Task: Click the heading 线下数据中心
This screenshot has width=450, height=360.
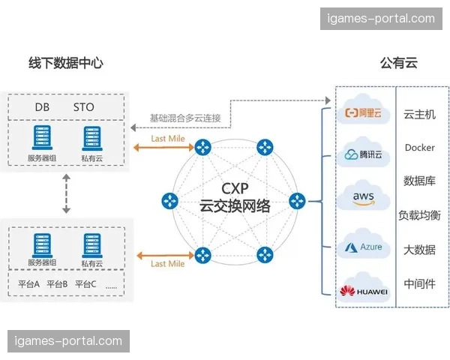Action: click(65, 63)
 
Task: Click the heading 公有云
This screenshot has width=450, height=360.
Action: click(398, 63)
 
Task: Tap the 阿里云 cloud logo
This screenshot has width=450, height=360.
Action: click(364, 112)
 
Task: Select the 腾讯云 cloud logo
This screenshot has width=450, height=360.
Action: click(364, 154)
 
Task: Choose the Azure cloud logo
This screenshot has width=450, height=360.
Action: click(364, 246)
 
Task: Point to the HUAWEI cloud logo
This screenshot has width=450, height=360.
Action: click(364, 290)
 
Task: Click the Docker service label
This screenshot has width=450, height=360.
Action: click(419, 148)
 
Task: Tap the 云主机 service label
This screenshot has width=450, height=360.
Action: click(419, 115)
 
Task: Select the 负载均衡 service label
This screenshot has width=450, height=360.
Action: click(419, 215)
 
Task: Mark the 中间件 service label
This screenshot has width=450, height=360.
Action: click(419, 283)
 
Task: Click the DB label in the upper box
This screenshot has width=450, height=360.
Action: click(42, 107)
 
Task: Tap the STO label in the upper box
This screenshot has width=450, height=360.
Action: click(84, 107)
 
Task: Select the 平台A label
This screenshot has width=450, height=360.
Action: click(29, 284)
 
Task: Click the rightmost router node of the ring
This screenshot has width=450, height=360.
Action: click(298, 201)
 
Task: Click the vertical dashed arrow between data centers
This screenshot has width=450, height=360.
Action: click(67, 194)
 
